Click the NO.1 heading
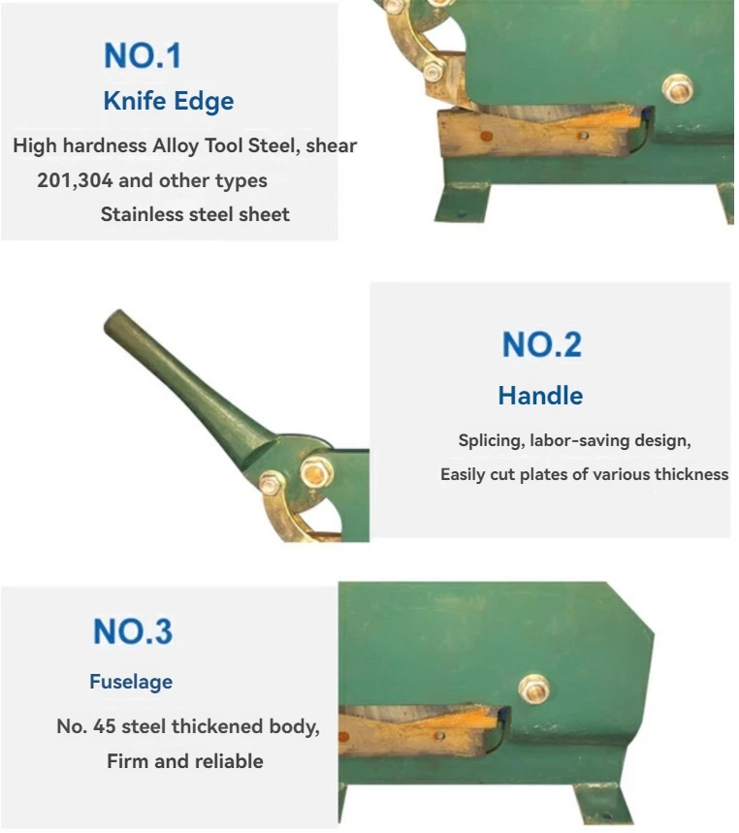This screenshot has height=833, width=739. (x=143, y=55)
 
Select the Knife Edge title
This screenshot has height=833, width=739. (x=169, y=101)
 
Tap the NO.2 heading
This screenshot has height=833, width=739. (x=542, y=344)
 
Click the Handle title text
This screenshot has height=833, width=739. (x=540, y=396)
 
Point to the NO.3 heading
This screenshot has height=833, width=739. (x=133, y=631)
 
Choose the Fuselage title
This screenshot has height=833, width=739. (x=131, y=682)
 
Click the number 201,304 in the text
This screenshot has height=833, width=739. (x=75, y=180)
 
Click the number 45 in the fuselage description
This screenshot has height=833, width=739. (x=104, y=726)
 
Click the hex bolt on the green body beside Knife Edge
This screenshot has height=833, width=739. (x=678, y=89)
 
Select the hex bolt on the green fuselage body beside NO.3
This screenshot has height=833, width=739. (x=534, y=689)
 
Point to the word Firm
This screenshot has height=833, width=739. (x=128, y=761)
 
